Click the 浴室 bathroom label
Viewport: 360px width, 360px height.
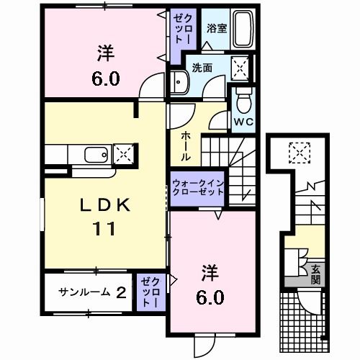click(x=216, y=29)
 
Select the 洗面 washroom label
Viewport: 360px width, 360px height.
click(x=202, y=68)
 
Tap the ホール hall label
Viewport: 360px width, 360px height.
click(x=185, y=146)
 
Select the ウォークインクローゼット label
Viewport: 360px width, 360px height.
click(x=198, y=189)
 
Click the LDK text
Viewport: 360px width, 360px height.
click(x=104, y=206)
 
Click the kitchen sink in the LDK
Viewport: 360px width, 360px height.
click(x=96, y=154)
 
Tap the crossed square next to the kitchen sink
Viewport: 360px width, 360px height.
click(x=123, y=154)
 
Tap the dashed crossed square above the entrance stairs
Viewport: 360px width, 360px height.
click(x=297, y=151)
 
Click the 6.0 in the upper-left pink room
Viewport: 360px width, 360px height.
click(x=105, y=77)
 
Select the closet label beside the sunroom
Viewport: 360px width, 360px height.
click(x=148, y=292)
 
